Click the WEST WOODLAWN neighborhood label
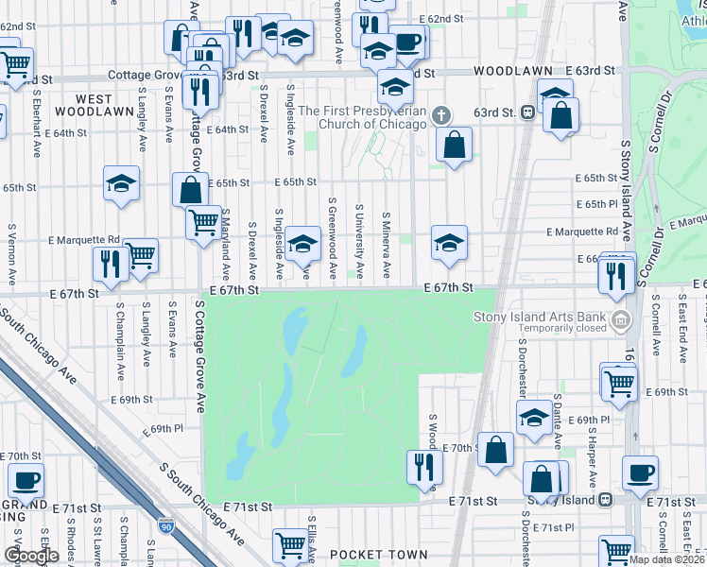click(94, 105)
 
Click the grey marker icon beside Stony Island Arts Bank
click(621, 318)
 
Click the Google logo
click(31, 556)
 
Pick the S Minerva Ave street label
click(386, 245)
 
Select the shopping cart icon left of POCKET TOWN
click(289, 543)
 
